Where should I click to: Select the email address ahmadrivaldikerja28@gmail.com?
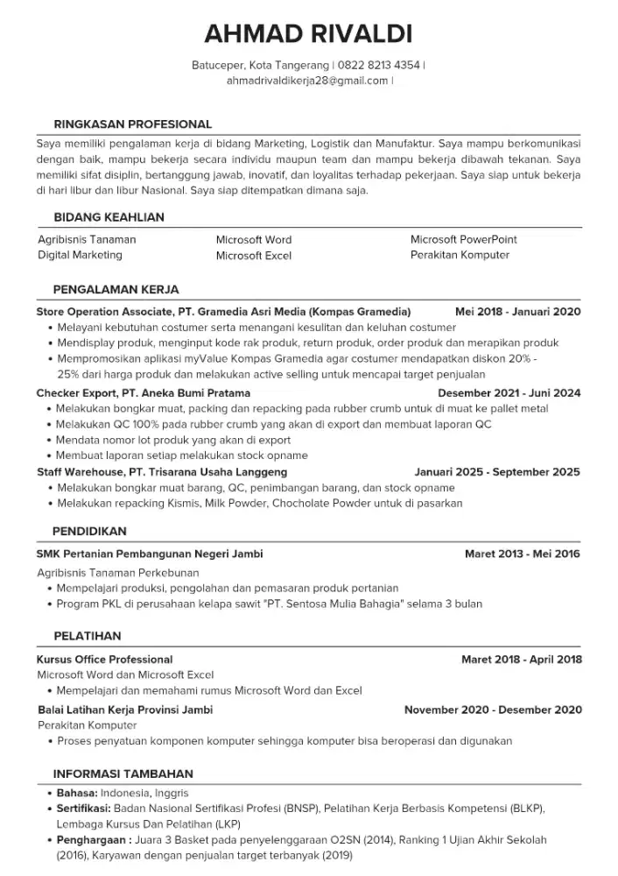pos(306,81)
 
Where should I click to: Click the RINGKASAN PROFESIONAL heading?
pos(132,124)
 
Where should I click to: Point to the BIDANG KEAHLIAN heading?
pos(109,217)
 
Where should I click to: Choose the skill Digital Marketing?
pos(80,255)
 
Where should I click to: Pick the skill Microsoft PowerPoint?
pos(463,239)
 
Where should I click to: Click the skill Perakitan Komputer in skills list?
pos(460,255)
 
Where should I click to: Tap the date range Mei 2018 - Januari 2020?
pos(517,311)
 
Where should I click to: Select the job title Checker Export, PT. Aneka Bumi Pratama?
pos(144,393)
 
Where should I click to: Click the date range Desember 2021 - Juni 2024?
pos(509,393)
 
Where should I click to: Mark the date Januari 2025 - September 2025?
pos(497,472)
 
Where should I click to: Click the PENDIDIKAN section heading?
pos(89,531)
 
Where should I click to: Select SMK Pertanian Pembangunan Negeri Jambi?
pos(150,555)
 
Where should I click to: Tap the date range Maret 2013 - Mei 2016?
pos(522,555)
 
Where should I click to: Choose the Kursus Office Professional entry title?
pos(105,660)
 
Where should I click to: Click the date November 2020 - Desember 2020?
pos(493,710)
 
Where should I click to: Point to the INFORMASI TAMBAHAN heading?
pos(123,774)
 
